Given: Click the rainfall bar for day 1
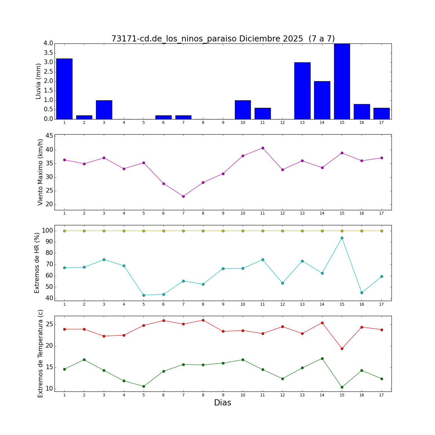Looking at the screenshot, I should [x=64, y=89].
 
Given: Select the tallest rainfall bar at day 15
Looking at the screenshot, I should [x=342, y=81].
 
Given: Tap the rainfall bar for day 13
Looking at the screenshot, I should [x=302, y=91].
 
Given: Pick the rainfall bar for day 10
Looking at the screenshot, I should [x=243, y=110].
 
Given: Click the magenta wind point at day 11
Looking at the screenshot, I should [x=263, y=148].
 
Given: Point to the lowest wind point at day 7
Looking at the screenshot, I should [x=183, y=196].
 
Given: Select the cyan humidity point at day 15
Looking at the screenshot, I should [x=342, y=238].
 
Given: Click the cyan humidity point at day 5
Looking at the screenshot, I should [x=144, y=295].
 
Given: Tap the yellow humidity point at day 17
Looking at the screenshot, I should [x=382, y=231].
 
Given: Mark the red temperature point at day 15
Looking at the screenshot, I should [x=342, y=349].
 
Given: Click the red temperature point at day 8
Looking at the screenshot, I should [x=203, y=320].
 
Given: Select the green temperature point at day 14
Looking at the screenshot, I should [x=322, y=358].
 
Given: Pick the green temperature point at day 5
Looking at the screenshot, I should [x=144, y=386].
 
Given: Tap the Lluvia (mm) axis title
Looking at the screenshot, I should [x=38, y=81].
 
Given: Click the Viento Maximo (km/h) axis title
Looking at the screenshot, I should [x=40, y=172].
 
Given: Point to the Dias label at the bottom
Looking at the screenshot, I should [x=222, y=403].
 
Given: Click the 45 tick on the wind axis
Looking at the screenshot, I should [x=49, y=136].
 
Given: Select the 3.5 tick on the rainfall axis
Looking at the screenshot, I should [x=48, y=53].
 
